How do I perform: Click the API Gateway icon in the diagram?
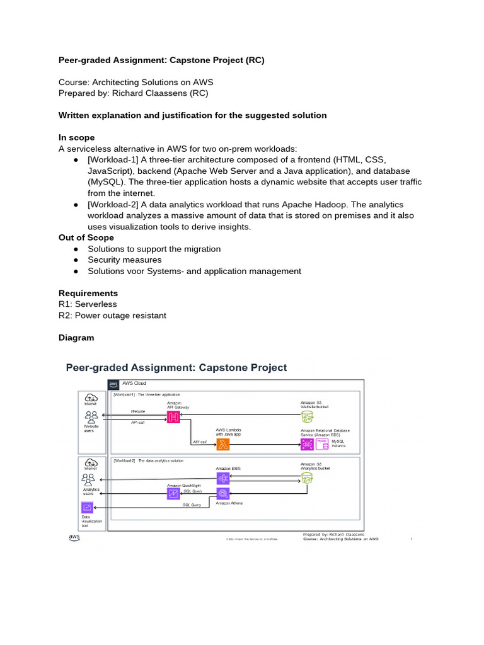173,416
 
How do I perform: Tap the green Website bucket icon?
307,416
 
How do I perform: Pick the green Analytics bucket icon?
307,479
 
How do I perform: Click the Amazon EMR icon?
222,478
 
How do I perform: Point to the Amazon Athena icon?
222,494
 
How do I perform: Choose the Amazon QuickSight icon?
173,494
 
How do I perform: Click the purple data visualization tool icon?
86,507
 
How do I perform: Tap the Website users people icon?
91,416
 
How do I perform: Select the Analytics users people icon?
89,479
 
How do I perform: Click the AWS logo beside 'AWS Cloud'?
113,384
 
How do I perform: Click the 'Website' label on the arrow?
138,411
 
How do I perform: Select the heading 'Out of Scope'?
86,237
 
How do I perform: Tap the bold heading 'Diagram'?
76,338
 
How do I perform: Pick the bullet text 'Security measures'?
125,260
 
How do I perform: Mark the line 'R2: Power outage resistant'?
112,316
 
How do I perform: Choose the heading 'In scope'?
76,137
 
